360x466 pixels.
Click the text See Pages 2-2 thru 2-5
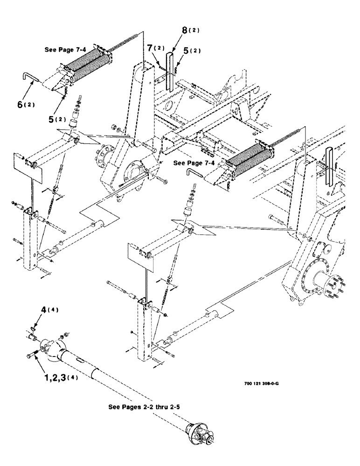pyautogui.click(x=145, y=406)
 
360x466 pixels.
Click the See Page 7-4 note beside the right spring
pyautogui.click(x=194, y=164)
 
